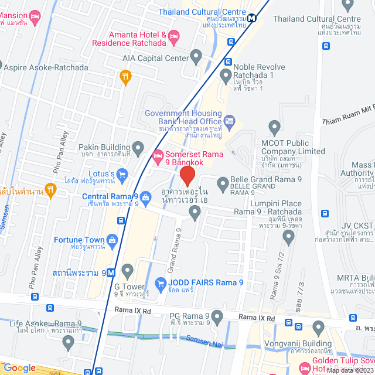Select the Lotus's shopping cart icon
pyautogui.click(x=122, y=174)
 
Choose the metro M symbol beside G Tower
pyautogui.click(x=127, y=272)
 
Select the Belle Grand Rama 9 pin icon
pyautogui.click(x=223, y=185)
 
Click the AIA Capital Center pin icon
pyautogui.click(x=196, y=57)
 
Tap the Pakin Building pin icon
pyautogui.click(x=138, y=147)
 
